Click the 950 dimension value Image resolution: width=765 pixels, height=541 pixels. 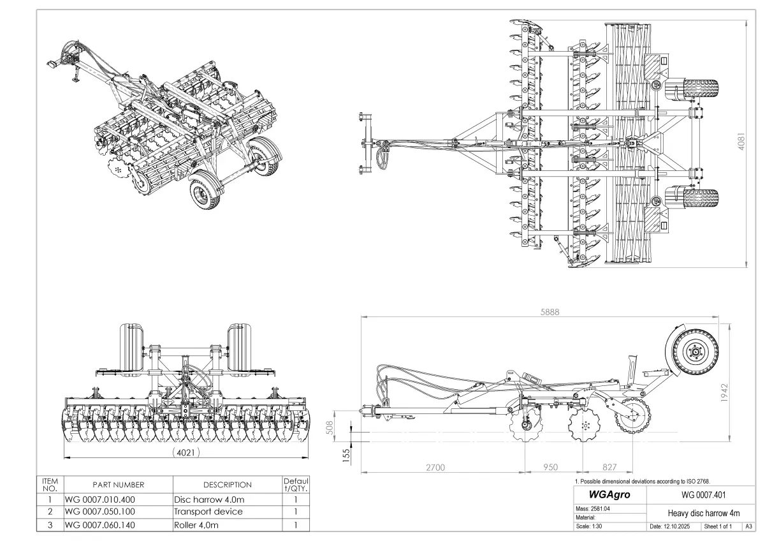[551, 468]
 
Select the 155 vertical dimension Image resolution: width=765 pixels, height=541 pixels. [347, 456]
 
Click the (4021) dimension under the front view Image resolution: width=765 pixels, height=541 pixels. [186, 452]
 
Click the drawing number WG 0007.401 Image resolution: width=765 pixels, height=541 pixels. [699, 494]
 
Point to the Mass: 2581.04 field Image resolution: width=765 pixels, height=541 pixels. [593, 508]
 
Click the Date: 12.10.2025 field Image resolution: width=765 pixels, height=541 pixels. [673, 527]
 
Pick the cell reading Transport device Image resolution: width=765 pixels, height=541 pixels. [208, 512]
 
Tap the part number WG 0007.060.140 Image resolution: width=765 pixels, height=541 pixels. [100, 525]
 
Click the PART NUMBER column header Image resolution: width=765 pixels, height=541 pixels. [118, 485]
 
